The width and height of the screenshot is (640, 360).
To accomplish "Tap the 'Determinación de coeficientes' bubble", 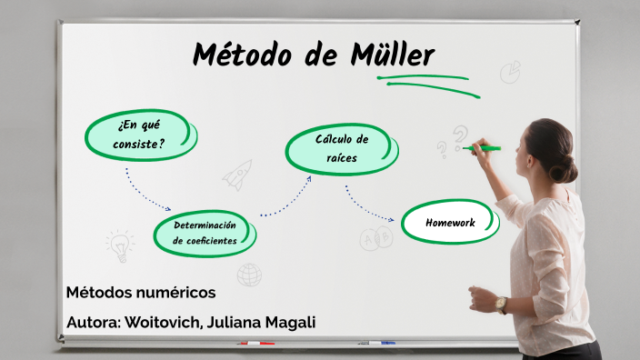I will [205, 234].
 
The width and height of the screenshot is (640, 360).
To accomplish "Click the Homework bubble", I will [451, 223].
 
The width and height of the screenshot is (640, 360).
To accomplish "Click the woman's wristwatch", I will [500, 305].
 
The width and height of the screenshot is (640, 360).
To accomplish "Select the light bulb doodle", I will [119, 245].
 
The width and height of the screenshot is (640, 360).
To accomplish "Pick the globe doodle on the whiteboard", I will [249, 274].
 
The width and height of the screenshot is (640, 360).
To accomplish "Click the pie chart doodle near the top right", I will [510, 71].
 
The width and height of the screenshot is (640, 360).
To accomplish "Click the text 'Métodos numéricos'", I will [141, 293].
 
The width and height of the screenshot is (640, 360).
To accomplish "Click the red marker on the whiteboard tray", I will [256, 344].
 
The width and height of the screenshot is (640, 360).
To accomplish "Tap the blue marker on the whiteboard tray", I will [376, 343].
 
